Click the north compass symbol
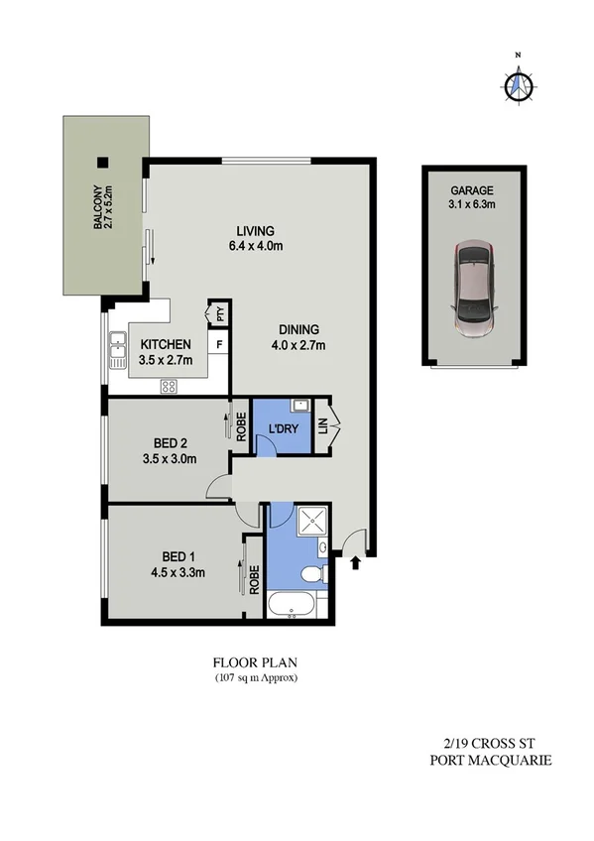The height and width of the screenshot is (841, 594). click(517, 85)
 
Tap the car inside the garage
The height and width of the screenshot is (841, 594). click(474, 289)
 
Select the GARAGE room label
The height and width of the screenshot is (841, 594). click(473, 190)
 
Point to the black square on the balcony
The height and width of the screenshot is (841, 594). click(101, 164)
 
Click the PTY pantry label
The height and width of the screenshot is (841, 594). click(218, 315)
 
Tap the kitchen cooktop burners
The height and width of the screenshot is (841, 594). click(168, 386)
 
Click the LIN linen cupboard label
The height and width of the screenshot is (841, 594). click(324, 426)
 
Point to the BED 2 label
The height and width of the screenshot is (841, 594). click(171, 442)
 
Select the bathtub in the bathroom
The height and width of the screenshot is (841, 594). click(292, 604)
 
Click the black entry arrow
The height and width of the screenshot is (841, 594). click(354, 562)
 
